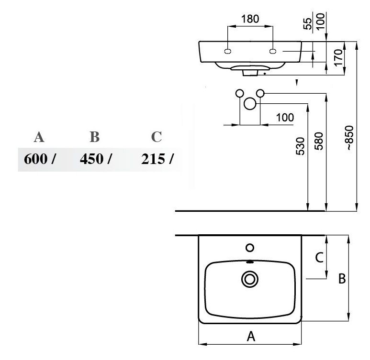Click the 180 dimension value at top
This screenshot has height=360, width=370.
(250, 19)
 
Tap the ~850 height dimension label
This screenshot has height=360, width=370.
(350, 138)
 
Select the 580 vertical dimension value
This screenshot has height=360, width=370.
(319, 141)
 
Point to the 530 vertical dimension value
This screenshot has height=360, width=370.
(301, 146)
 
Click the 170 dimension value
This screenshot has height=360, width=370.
(338, 57)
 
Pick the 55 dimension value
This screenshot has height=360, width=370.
(307, 23)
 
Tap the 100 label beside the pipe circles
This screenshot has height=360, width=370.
(285, 118)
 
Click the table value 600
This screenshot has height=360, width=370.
(35, 159)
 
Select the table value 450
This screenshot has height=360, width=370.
(91, 159)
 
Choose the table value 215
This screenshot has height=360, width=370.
(153, 159)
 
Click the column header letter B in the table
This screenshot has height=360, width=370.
(95, 137)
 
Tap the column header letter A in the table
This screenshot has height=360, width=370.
(39, 137)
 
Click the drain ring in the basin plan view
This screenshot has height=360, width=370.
(250, 279)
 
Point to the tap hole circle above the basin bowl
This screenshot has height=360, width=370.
(250, 248)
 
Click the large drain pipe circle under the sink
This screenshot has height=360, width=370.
(250, 104)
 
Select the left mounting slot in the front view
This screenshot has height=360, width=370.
(227, 51)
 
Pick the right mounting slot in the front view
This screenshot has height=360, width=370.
(273, 51)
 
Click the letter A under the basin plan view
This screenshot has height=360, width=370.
(251, 336)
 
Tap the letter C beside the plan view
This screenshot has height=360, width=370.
(319, 257)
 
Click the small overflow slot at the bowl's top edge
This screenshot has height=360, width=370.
(250, 262)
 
